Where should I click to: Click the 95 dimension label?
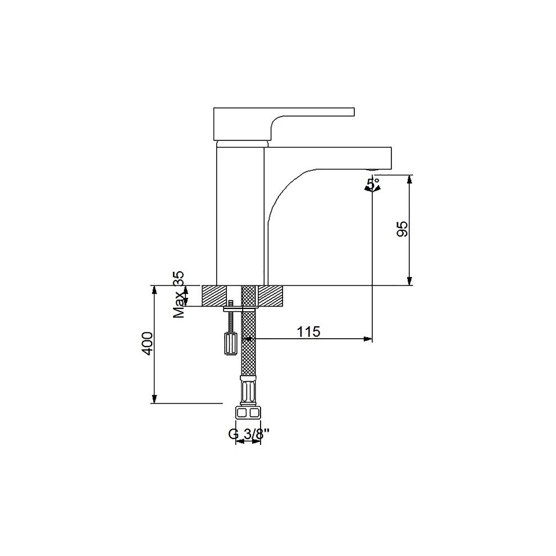403,230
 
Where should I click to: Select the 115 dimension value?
308,331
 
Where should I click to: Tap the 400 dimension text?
147,343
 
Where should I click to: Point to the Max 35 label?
179,294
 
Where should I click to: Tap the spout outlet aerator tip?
372,170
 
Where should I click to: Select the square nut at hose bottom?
248,413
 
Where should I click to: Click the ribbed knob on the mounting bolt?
231,343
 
